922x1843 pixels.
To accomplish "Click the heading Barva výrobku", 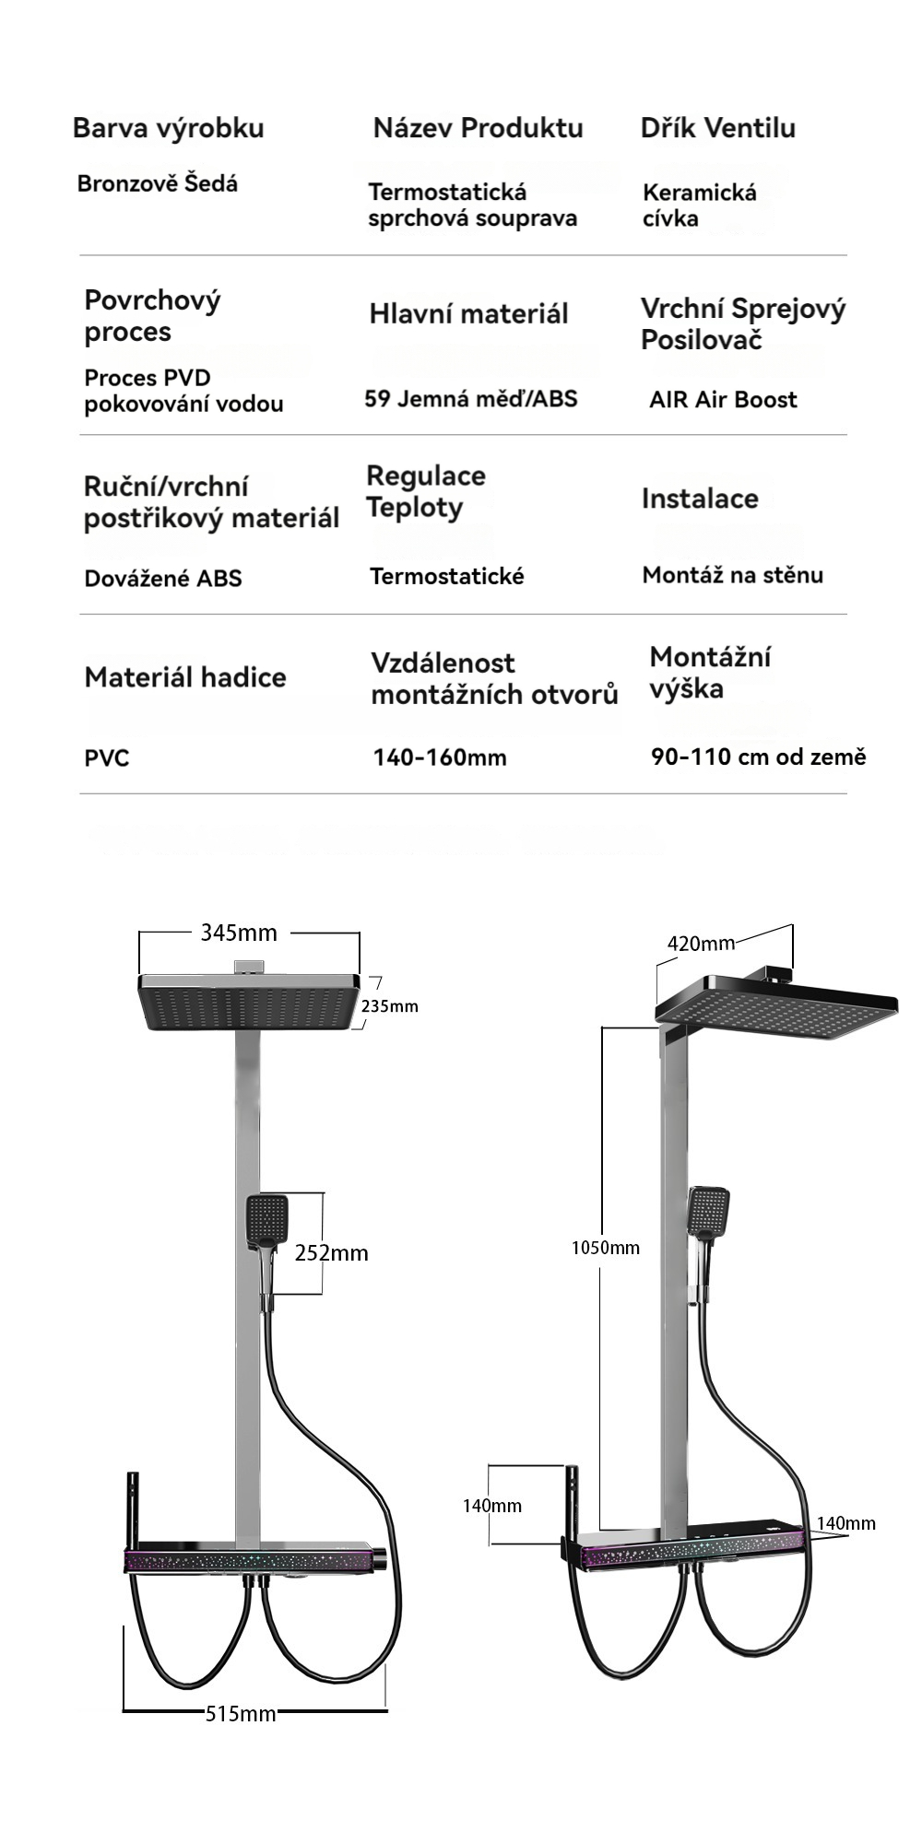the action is click(x=169, y=128).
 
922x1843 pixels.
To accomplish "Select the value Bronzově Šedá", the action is click(x=158, y=183).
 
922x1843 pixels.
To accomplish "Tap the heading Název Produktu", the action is click(x=478, y=128).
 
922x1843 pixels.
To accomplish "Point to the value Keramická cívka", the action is click(x=700, y=205).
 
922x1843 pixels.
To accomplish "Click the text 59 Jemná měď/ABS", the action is click(x=471, y=398).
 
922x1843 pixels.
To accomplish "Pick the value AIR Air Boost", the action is click(x=723, y=399).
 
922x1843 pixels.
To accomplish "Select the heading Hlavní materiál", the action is click(x=468, y=313).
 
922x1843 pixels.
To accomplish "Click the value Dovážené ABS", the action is click(x=163, y=578).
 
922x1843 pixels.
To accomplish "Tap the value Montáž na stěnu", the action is click(x=733, y=575).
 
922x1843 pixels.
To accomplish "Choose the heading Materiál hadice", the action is click(x=185, y=677).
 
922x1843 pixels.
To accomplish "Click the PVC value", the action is click(x=107, y=758).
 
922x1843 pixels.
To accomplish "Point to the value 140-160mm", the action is click(x=440, y=757).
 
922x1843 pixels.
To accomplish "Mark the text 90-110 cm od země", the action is click(x=759, y=757).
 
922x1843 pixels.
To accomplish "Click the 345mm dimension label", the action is click(x=239, y=933).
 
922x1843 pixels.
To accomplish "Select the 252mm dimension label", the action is click(x=332, y=1252).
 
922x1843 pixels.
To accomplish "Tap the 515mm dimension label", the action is click(x=241, y=1713).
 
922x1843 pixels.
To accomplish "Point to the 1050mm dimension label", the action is click(x=606, y=1248).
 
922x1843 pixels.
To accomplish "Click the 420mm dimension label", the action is click(x=701, y=943).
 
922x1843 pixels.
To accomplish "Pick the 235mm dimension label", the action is click(x=390, y=1005).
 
